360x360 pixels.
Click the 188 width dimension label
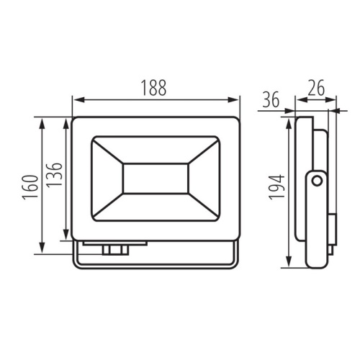(153, 88)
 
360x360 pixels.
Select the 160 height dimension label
(30, 187)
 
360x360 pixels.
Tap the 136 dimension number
(54, 176)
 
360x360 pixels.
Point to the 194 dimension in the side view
(276, 187)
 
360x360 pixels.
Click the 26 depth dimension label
(316, 88)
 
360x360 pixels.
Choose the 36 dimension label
(271, 99)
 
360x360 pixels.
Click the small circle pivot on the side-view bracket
(318, 181)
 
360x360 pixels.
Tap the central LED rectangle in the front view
(156, 179)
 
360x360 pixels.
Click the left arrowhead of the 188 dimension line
(78, 100)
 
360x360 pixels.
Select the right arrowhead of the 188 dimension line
(233, 100)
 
